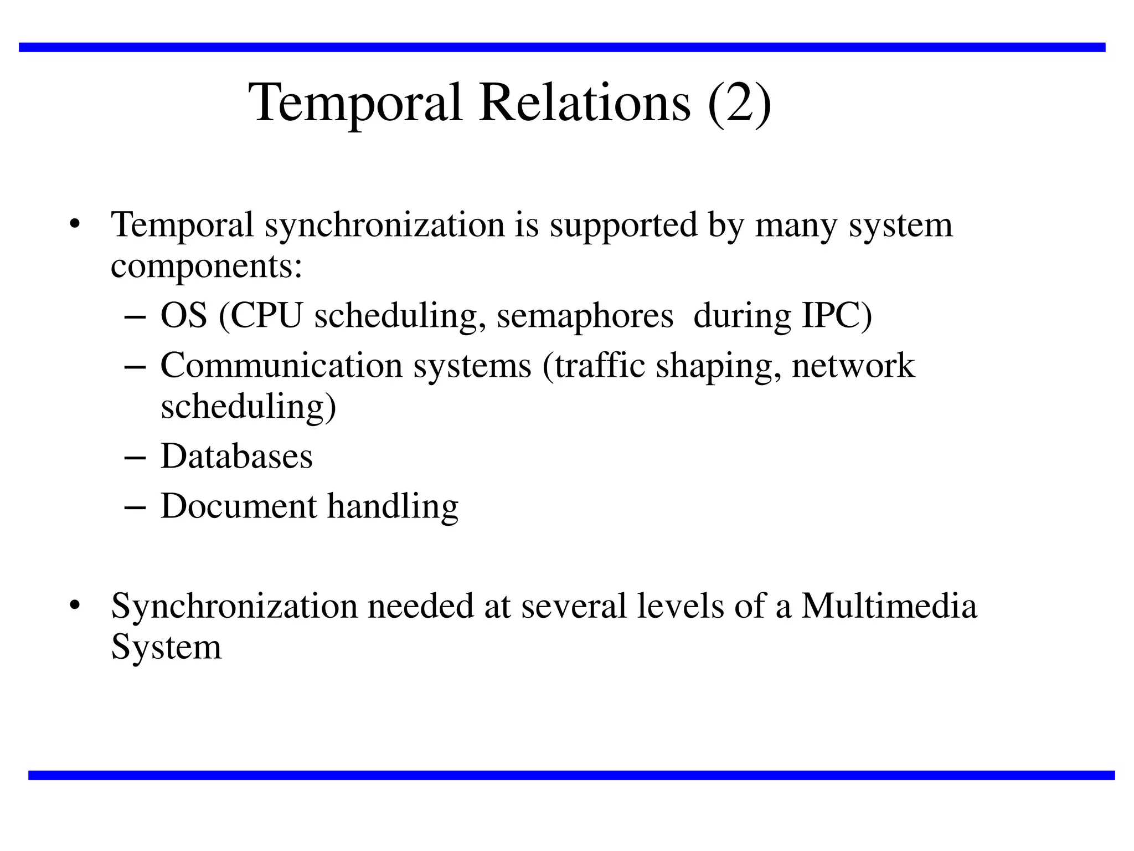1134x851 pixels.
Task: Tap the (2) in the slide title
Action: click(x=739, y=104)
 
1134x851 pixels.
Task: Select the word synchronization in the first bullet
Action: click(x=384, y=225)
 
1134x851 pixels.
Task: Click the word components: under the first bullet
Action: click(x=207, y=267)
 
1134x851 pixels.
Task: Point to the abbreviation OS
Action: click(x=184, y=316)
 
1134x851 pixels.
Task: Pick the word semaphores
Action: click(x=585, y=317)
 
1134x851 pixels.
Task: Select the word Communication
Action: click(x=281, y=366)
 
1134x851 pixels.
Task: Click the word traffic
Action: click(x=600, y=366)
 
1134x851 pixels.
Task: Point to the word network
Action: click(x=853, y=366)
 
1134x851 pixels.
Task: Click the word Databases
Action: click(x=236, y=457)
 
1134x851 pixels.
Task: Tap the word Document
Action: click(x=239, y=506)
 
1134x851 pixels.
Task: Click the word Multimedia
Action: click(x=889, y=606)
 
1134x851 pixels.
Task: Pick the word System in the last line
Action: click(x=166, y=647)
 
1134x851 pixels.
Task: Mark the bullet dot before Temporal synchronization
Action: click(x=75, y=225)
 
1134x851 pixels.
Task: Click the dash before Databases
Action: click(x=136, y=458)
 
